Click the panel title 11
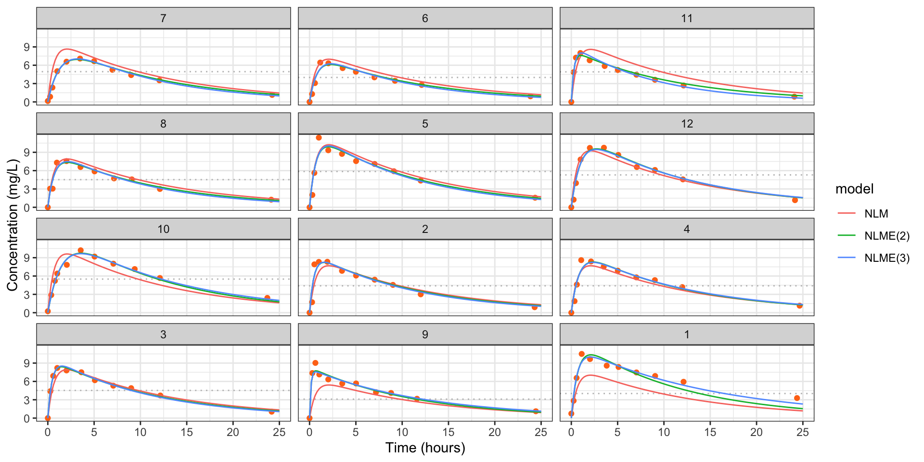point(687,18)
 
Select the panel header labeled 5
point(425,124)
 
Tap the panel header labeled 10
point(163,229)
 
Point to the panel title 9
point(425,334)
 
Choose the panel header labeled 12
point(687,124)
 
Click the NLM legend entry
point(876,214)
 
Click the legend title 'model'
point(854,189)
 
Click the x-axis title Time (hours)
point(425,448)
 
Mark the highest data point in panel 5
point(319,138)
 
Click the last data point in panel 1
point(797,398)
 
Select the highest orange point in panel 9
point(315,363)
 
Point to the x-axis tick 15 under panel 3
point(187,432)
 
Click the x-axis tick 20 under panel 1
point(757,432)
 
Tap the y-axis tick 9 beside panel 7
point(27,47)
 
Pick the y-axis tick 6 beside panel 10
point(27,276)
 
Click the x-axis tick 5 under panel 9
point(356,432)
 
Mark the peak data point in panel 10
point(80,250)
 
